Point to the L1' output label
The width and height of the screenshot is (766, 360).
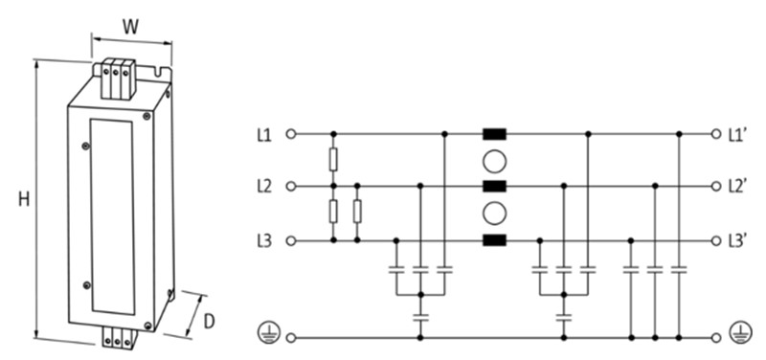(x=737, y=134)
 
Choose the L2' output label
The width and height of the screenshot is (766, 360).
(x=737, y=186)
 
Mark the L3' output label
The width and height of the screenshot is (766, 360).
(x=737, y=239)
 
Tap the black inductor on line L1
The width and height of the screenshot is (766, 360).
(x=494, y=134)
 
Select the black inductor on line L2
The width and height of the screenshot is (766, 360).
(x=494, y=186)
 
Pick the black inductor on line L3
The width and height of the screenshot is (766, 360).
(x=494, y=239)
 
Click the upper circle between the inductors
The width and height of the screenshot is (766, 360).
(x=494, y=160)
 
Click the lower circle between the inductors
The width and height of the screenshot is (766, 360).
(x=494, y=213)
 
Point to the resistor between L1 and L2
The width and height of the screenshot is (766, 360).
(x=333, y=159)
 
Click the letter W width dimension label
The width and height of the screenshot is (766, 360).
(x=133, y=26)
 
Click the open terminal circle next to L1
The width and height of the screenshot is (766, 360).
(x=291, y=134)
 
